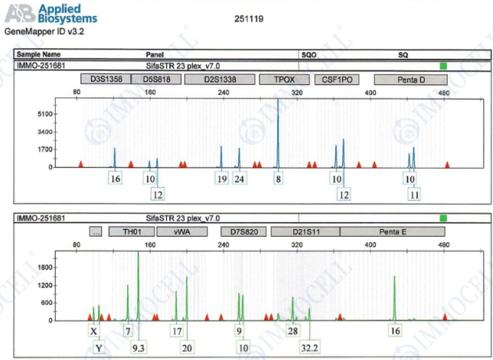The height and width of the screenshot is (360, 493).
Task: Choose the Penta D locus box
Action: click(x=410, y=79)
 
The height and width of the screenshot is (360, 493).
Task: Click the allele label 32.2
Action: click(x=310, y=348)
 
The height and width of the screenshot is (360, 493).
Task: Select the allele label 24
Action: click(x=240, y=178)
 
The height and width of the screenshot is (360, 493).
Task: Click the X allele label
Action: click(x=93, y=331)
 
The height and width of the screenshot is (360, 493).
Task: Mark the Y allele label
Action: click(x=99, y=348)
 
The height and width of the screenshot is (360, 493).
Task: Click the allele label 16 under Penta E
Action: click(x=395, y=331)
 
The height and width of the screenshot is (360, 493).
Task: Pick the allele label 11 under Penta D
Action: click(x=414, y=195)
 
